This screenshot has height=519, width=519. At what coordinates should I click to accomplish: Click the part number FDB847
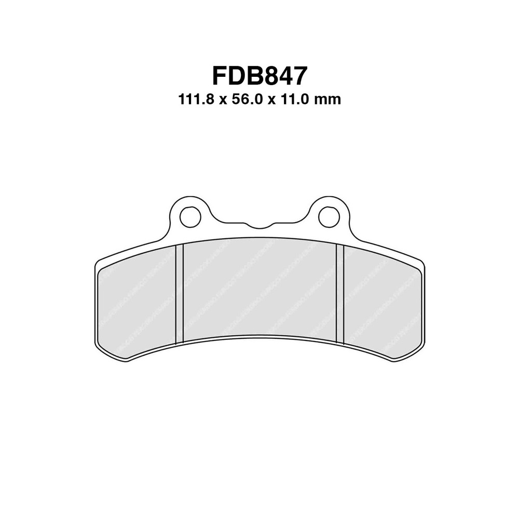[259, 75]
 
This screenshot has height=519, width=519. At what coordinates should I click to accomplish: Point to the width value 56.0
[252, 100]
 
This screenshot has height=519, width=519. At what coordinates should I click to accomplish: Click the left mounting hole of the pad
[190, 216]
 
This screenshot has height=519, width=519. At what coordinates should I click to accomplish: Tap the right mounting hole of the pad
[329, 216]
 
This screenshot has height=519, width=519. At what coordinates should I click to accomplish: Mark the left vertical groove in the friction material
[180, 294]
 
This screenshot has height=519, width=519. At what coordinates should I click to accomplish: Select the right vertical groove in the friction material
[340, 294]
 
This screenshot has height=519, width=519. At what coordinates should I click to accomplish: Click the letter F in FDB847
[220, 75]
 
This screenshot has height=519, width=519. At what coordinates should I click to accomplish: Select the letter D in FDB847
[239, 75]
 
